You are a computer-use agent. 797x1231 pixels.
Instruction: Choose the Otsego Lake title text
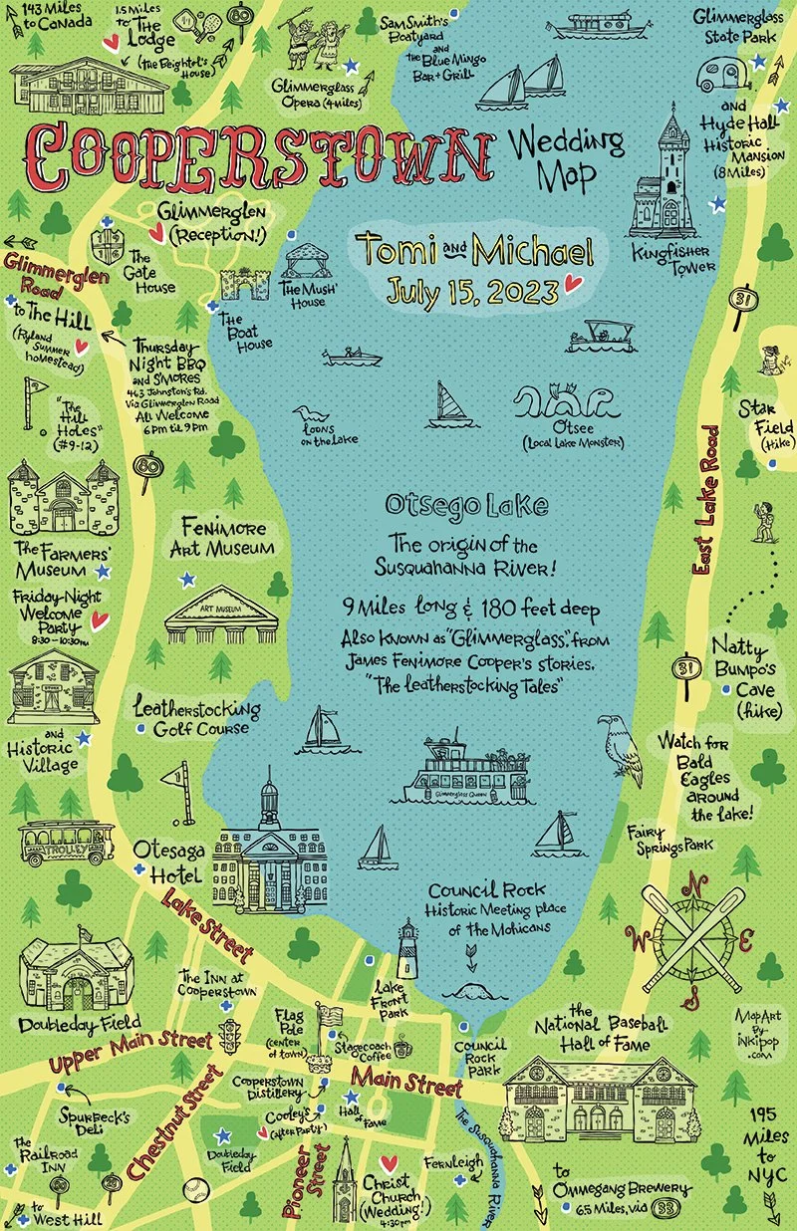point(466,506)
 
